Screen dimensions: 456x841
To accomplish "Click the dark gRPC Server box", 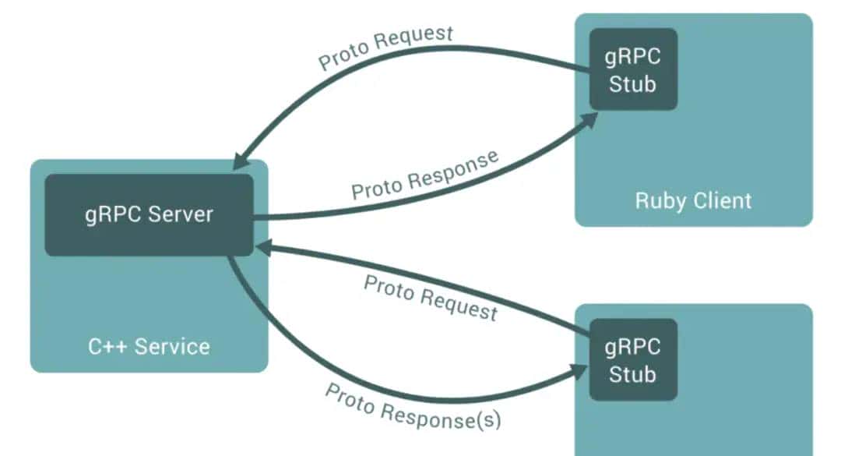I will coord(149,215).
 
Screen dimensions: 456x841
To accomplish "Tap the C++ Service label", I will coord(149,345).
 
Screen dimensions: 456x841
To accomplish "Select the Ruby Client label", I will coord(693,200).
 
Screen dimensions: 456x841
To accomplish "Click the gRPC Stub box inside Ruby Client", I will coord(632,69).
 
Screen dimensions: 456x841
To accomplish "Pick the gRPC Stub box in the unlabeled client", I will coord(632,359).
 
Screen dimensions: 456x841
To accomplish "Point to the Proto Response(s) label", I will coord(413,406).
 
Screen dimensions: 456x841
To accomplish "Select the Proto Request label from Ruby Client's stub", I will coord(385,47).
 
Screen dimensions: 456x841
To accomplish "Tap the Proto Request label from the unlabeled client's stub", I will coord(430,298).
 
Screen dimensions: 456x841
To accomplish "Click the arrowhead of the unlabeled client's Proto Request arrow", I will coord(263,248).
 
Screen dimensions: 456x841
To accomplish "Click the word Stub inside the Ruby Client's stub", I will coord(632,84).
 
